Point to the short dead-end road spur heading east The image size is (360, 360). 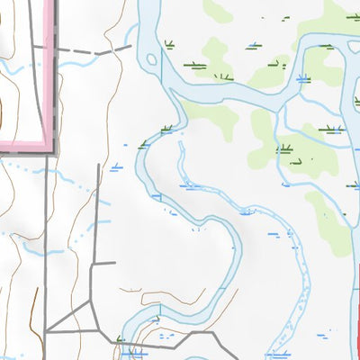click(103, 264)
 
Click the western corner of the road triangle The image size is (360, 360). click(47, 331)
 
